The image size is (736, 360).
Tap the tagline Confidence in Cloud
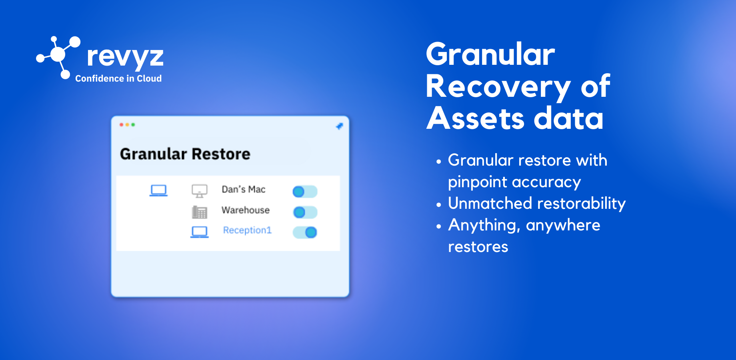118,78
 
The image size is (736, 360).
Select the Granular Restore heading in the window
185,154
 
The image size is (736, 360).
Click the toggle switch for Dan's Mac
305,192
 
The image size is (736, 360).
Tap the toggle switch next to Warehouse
305,212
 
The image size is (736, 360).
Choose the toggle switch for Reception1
305,232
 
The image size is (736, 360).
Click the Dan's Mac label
244,189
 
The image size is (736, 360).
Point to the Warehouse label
246,210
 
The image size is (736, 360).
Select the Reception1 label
247,230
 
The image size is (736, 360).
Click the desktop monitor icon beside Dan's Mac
200,191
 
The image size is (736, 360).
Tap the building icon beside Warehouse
200,212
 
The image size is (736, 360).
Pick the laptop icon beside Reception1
200,232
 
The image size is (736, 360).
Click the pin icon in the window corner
339,126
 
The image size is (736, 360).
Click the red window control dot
121,125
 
